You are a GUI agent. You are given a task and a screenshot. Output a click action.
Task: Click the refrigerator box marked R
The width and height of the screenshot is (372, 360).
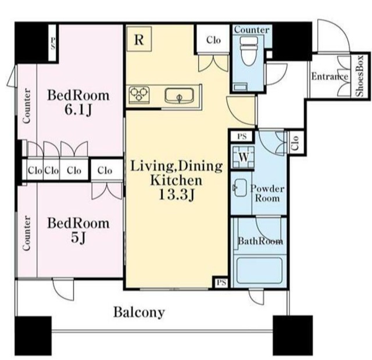tap(139, 39)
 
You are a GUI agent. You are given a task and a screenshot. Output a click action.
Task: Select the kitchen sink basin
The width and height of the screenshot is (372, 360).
tap(179, 95)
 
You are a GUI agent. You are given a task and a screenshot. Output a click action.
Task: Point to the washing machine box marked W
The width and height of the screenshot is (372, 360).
tap(243, 157)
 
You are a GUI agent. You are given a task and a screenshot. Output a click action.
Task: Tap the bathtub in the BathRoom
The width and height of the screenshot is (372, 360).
tap(260, 270)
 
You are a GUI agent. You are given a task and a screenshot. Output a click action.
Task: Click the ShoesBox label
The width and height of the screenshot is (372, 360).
tap(360, 76)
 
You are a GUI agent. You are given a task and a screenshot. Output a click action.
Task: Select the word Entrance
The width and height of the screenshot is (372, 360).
tap(330, 77)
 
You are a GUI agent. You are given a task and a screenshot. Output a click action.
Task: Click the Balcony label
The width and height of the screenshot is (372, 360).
tap(139, 312)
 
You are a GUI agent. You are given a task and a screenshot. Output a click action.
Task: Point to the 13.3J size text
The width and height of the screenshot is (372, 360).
tap(177, 195)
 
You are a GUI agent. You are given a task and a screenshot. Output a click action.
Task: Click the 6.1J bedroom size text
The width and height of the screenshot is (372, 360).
tap(78, 110)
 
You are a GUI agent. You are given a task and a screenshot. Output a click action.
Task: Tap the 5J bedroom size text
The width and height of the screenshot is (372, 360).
tap(78, 238)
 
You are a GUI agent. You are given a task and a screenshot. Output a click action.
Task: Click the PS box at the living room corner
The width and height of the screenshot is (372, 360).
tap(221, 282)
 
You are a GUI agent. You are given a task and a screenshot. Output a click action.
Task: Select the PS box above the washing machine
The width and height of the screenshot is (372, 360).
tap(242, 136)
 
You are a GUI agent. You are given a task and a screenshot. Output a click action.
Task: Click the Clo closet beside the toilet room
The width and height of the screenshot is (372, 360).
tap(213, 39)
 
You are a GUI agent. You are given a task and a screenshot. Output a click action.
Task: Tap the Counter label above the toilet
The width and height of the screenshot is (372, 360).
tap(252, 30)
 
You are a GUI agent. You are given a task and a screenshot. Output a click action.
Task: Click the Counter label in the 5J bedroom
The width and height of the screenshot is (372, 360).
tap(27, 233)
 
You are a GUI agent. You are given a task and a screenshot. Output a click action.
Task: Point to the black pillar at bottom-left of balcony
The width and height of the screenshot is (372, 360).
tap(33, 336)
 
